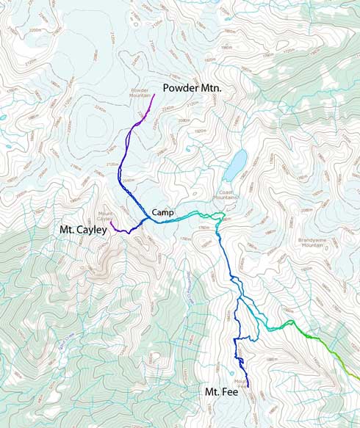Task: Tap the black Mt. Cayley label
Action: (x=83, y=230)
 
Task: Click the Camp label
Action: (x=162, y=213)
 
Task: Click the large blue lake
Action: (x=236, y=166)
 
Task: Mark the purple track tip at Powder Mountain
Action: (x=154, y=95)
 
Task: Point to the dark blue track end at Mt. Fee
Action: (x=248, y=386)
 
